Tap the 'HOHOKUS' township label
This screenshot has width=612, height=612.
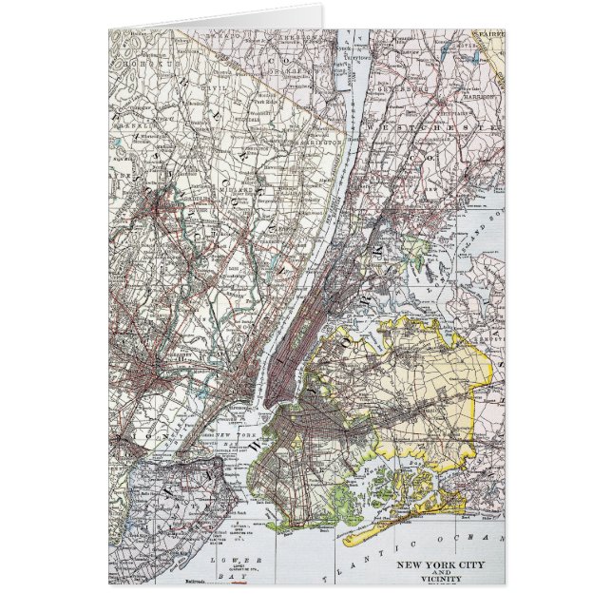pyautogui.click(x=151, y=49)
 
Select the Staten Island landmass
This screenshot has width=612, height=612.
pyautogui.click(x=166, y=494)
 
